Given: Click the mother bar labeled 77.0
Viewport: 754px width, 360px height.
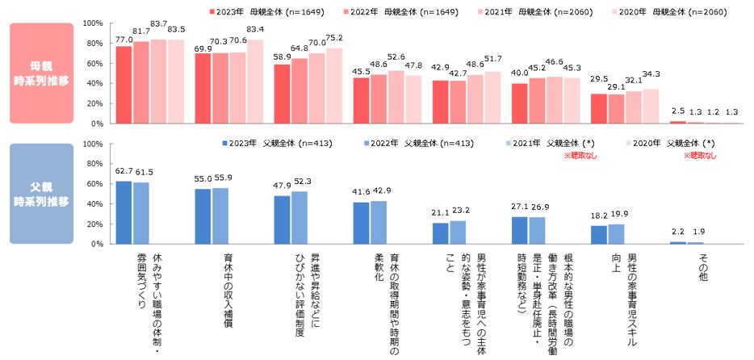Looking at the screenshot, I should click(124, 85).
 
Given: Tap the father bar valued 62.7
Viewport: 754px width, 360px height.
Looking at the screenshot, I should click(124, 212).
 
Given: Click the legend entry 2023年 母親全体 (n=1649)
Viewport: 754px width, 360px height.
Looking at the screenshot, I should click(258, 13).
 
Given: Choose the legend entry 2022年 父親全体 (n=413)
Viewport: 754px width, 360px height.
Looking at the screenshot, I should click(404, 144).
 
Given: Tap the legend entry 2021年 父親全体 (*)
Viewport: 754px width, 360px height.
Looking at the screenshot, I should click(544, 144).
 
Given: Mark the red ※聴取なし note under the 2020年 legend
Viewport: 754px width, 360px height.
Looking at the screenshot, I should click(699, 154).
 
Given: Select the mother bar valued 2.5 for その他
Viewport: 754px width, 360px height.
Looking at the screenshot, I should click(677, 122).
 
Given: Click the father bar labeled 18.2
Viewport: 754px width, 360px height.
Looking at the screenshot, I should click(599, 235).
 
